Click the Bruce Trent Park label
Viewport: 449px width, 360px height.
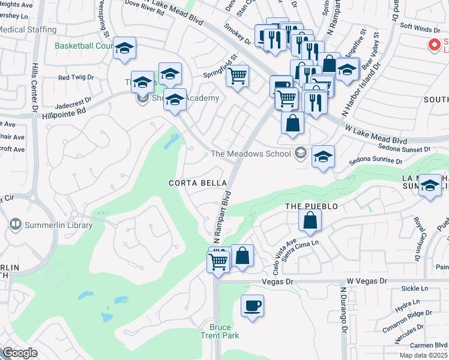[220, 331]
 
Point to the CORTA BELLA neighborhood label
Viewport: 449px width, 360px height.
[197, 183]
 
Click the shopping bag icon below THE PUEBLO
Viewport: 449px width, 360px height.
[310, 221]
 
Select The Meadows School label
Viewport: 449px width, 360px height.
[251, 154]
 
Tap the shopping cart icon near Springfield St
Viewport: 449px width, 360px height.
[238, 76]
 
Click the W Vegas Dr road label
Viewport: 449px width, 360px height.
[367, 280]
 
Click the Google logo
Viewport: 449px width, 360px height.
[20, 353]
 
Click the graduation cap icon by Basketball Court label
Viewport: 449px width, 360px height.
[124, 49]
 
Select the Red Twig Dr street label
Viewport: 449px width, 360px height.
[76, 77]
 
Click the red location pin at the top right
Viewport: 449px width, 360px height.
[432, 45]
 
